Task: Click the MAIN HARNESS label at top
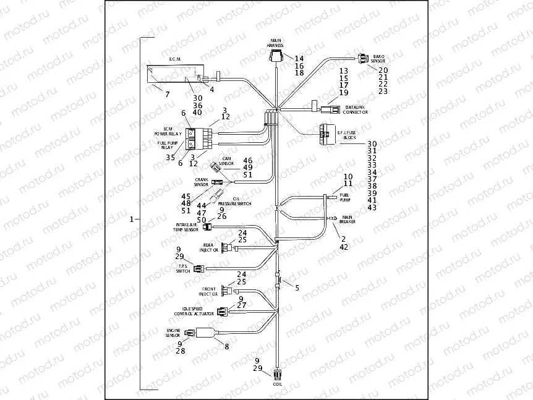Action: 275,43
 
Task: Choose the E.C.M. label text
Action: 174,59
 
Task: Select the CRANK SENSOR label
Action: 201,182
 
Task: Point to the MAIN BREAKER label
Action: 347,219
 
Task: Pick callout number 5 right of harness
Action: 297,287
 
